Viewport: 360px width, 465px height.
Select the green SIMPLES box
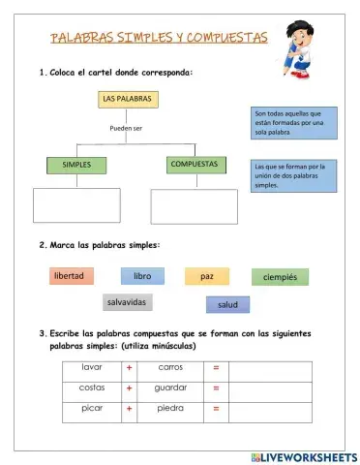point(76,165)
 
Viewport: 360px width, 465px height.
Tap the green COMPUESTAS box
point(194,165)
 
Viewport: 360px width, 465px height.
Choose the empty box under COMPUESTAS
point(194,205)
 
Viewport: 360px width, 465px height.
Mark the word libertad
point(71,276)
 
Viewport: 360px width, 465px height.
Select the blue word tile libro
point(142,276)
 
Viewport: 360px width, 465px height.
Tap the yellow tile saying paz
point(207,277)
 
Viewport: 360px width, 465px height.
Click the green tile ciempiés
point(280,278)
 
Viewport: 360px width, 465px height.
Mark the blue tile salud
point(227,305)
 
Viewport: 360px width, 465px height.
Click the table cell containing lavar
point(93,368)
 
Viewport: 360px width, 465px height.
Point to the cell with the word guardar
point(170,388)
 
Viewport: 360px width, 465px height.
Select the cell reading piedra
point(170,409)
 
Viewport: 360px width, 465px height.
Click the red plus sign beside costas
point(129,388)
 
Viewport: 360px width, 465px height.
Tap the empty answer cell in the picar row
point(270,409)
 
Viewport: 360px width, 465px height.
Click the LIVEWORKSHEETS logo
point(302,455)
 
